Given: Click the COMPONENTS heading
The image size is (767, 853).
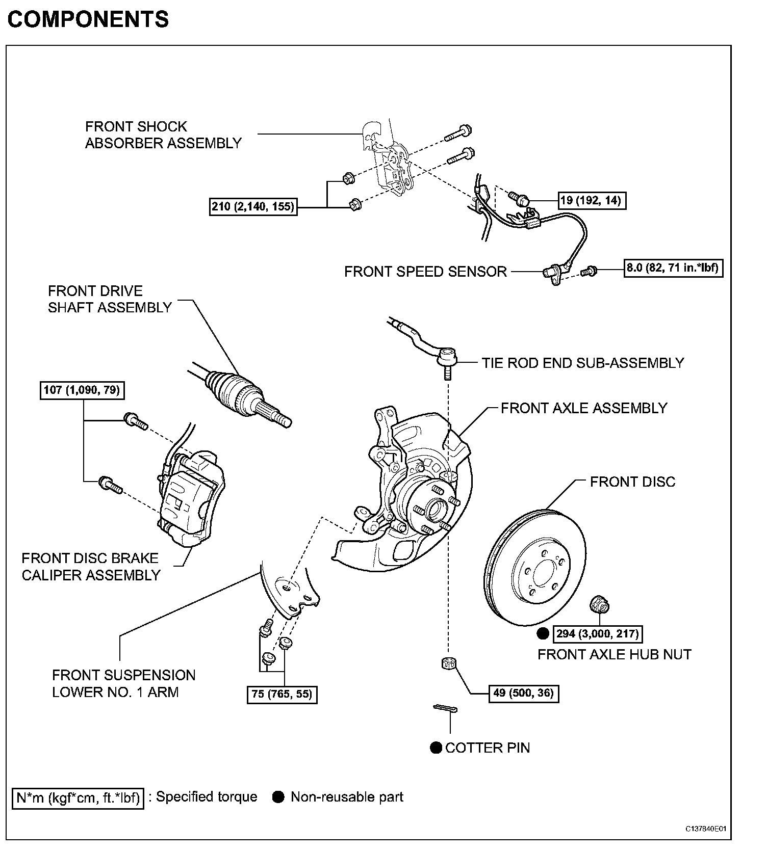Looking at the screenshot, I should tap(88, 19).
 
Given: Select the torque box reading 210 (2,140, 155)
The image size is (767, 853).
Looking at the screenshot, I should tap(253, 207).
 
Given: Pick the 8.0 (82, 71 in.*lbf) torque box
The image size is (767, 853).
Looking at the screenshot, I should tap(674, 268).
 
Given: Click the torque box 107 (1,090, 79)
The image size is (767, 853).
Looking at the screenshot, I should tap(82, 390).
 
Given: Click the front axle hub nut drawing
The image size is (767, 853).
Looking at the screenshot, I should tap(600, 605).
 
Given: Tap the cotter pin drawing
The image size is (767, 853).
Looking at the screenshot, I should tap(445, 708).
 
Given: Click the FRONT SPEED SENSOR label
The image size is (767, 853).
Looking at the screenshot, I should tap(425, 272).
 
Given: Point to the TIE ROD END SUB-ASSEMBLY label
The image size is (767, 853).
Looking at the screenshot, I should tap(582, 363).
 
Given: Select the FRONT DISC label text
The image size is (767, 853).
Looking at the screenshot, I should tap(632, 482).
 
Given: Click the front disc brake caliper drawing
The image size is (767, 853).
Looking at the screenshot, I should tap(191, 499).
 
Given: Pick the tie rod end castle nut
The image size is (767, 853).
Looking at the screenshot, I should tap(448, 663).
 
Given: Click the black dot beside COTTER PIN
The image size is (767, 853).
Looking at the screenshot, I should tap(436, 748).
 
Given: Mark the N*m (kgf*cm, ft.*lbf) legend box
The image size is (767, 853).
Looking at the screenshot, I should tap(78, 797).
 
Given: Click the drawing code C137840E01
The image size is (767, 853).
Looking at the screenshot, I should tap(705, 829).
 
